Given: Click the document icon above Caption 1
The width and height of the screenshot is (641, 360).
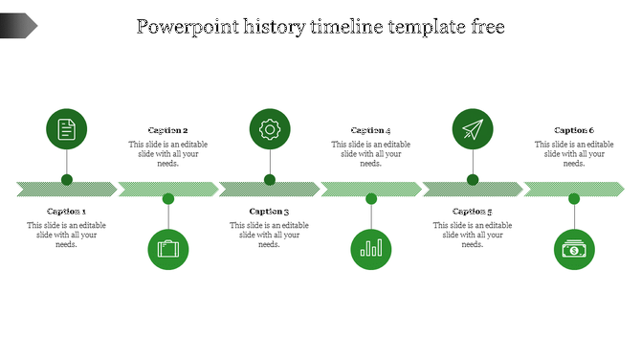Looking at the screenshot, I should pyautogui.click(x=67, y=129).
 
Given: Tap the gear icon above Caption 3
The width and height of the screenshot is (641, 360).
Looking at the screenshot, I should pyautogui.click(x=270, y=129).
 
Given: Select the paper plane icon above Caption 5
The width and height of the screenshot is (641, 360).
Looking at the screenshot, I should pyautogui.click(x=473, y=129).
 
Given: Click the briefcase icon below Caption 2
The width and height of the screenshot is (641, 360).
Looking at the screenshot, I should pyautogui.click(x=168, y=250).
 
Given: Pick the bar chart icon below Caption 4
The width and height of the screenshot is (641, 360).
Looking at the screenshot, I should pyautogui.click(x=371, y=250).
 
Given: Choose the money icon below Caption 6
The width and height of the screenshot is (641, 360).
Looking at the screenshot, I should pyautogui.click(x=574, y=250).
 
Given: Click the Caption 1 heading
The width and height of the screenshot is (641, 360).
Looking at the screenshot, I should pyautogui.click(x=67, y=212).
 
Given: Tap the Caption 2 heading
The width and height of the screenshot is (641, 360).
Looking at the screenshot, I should pyautogui.click(x=168, y=130).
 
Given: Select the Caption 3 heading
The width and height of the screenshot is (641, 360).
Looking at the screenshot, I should pyautogui.click(x=270, y=212).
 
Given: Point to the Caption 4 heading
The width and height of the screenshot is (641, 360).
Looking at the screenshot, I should pyautogui.click(x=371, y=130).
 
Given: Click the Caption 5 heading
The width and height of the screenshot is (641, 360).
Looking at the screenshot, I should pyautogui.click(x=473, y=212).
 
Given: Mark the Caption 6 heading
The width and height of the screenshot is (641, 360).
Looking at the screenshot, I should pyautogui.click(x=574, y=130).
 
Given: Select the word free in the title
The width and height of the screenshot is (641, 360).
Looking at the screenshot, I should pyautogui.click(x=484, y=27).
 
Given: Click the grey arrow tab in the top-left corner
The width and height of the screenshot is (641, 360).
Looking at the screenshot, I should pyautogui.click(x=18, y=26).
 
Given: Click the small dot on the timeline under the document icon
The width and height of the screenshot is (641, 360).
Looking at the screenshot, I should pyautogui.click(x=67, y=179).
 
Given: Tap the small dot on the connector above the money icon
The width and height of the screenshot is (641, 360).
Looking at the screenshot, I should pyautogui.click(x=574, y=198).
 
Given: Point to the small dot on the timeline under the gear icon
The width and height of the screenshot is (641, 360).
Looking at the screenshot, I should pyautogui.click(x=270, y=179).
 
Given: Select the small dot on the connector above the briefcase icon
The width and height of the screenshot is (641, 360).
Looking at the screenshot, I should pyautogui.click(x=168, y=198).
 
